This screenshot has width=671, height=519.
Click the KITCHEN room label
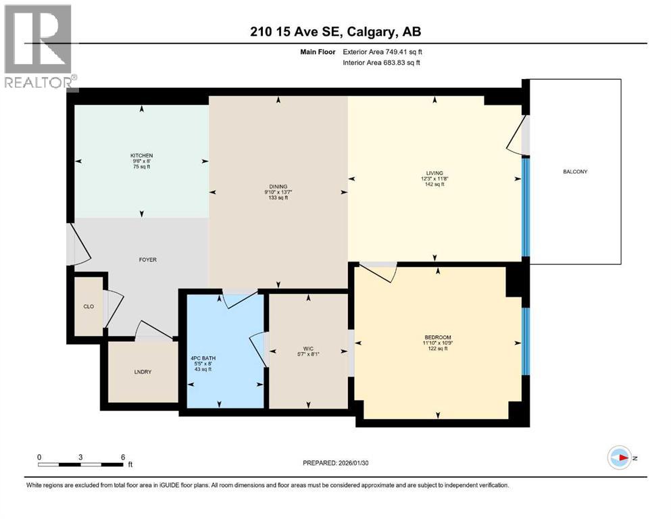pos(142,155)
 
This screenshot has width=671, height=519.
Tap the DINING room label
pos(278,187)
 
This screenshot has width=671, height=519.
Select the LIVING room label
pos(434,173)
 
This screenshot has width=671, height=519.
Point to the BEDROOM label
pos(438,337)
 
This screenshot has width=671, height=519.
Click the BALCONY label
pos(575,172)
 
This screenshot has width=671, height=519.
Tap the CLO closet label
pos(89,307)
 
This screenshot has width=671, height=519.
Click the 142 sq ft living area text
pos(434,184)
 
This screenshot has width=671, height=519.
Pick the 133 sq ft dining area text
pos(278,198)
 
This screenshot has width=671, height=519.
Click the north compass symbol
pos(620,458)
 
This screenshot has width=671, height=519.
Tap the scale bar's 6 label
pos(122,457)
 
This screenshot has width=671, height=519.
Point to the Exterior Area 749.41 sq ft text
pos(385,51)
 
